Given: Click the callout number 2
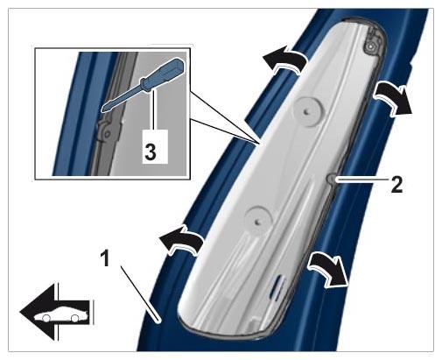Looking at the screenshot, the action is [x=396, y=184].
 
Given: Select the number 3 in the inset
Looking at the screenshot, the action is [x=151, y=152].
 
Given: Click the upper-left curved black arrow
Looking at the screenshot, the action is [x=284, y=60].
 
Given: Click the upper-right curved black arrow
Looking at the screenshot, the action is [x=393, y=99].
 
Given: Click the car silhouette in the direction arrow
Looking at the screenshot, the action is [x=61, y=314].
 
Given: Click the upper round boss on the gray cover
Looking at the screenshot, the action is [x=309, y=111].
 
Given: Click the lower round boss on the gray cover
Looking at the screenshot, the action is [x=258, y=221].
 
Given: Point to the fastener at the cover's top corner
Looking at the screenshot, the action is [x=371, y=46].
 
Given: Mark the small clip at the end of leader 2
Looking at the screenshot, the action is [x=332, y=179].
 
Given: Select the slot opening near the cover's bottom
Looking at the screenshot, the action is [x=277, y=284].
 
